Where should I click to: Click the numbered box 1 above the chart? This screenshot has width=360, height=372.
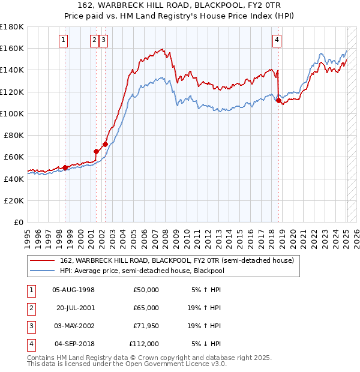point(64,40)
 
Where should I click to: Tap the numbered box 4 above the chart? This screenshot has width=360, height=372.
point(277,40)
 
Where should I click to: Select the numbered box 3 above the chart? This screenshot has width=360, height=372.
point(104,40)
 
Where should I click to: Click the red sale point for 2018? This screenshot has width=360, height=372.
point(278,100)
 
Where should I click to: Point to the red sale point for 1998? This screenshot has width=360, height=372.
point(65,168)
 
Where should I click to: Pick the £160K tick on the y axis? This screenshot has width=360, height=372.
point(12,48)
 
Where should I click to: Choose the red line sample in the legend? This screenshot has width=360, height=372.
point(42,261)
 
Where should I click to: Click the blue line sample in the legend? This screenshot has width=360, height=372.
point(42,271)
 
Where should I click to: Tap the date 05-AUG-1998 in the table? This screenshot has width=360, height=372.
point(74,290)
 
